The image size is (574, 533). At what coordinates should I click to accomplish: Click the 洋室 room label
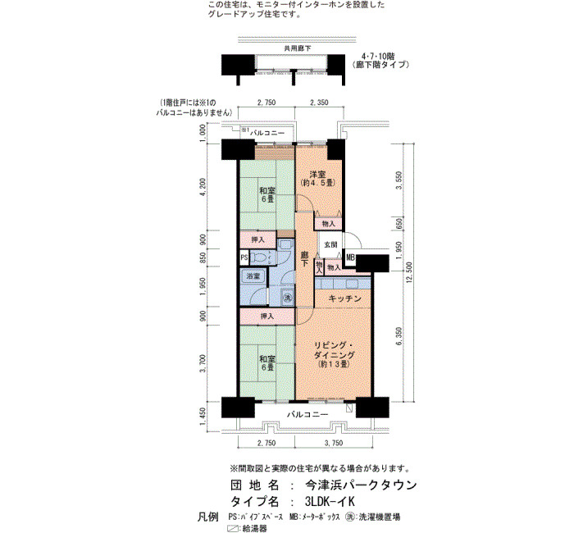tap(317, 174)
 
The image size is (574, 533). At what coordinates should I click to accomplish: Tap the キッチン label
tap(345, 298)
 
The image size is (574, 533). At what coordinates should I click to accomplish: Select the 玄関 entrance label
tap(330, 244)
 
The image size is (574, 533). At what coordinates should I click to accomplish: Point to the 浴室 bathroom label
tap(253, 276)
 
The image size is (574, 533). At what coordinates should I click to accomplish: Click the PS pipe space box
tap(244, 257)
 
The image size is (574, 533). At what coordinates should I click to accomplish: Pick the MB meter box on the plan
tap(350, 257)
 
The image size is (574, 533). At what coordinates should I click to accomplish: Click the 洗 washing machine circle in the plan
tap(288, 298)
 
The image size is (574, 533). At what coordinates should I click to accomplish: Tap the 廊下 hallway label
tap(304, 259)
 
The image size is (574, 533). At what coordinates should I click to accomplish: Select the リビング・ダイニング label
tap(334, 350)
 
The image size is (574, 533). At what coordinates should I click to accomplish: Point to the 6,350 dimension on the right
tap(399, 336)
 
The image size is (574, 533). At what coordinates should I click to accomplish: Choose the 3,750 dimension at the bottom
tap(334, 444)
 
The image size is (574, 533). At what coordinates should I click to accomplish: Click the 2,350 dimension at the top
tap(319, 102)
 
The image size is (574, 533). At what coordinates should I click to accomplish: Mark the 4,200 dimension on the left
tap(203, 188)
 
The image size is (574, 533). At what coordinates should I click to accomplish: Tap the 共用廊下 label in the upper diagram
tap(298, 48)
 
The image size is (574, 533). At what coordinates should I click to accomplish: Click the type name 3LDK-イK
tap(330, 501)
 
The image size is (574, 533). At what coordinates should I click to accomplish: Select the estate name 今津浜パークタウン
tap(361, 485)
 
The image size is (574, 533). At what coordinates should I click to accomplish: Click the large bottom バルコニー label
tap(307, 415)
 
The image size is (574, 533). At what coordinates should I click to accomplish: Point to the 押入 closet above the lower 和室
tap(267, 317)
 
